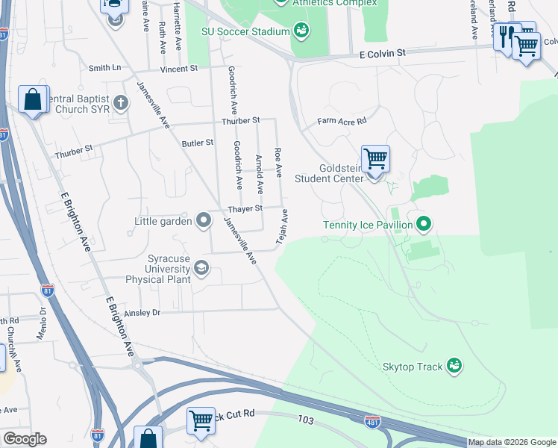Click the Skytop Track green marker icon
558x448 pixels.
click(x=454, y=365)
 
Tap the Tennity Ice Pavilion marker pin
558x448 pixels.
click(x=424, y=224)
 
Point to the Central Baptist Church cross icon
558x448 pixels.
click(x=119, y=102)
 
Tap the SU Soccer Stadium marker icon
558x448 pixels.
click(x=301, y=31)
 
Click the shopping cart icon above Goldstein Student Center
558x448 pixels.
click(x=375, y=158)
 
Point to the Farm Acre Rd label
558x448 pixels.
click(x=342, y=120)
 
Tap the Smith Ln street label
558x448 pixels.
click(x=104, y=68)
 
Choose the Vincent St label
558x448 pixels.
click(x=178, y=68)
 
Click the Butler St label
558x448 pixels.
click(x=197, y=142)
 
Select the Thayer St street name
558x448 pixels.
click(x=245, y=208)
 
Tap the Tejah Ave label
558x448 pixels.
click(x=283, y=225)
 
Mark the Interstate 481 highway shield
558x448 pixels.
click(x=371, y=421)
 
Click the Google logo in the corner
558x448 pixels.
click(x=25, y=439)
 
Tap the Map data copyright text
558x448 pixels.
click(x=512, y=442)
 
